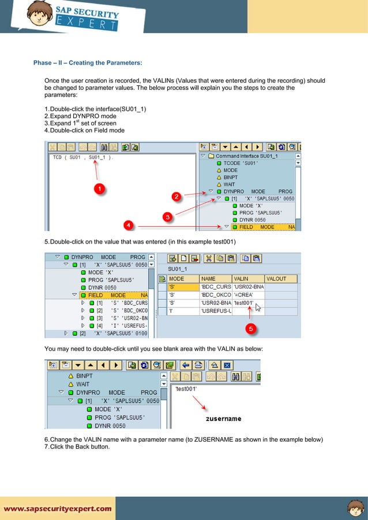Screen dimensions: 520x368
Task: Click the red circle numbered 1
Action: (99, 189)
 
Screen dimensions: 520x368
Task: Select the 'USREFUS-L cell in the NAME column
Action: (215, 311)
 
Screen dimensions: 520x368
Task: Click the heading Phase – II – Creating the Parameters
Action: (88, 62)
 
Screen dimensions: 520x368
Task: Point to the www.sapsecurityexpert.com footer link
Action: (58, 508)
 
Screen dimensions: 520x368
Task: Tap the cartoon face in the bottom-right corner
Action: (355, 508)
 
